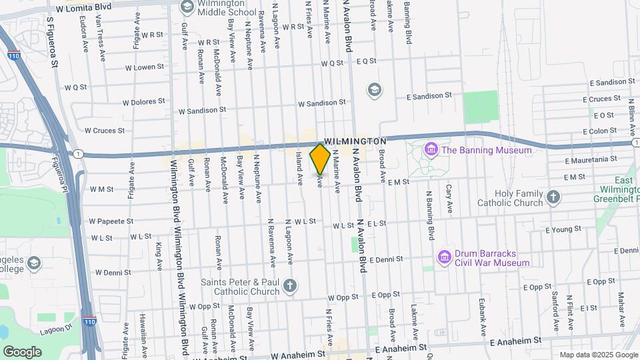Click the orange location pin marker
click(x=320, y=159)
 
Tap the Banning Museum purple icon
click(x=431, y=149)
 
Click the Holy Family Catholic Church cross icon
click(x=553, y=197)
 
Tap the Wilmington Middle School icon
click(x=187, y=7)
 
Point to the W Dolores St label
click(x=143, y=102)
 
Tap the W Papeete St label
click(x=112, y=221)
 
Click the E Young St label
click(x=563, y=229)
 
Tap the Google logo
click(x=22, y=351)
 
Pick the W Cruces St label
click(x=104, y=131)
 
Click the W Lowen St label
click(x=144, y=67)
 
